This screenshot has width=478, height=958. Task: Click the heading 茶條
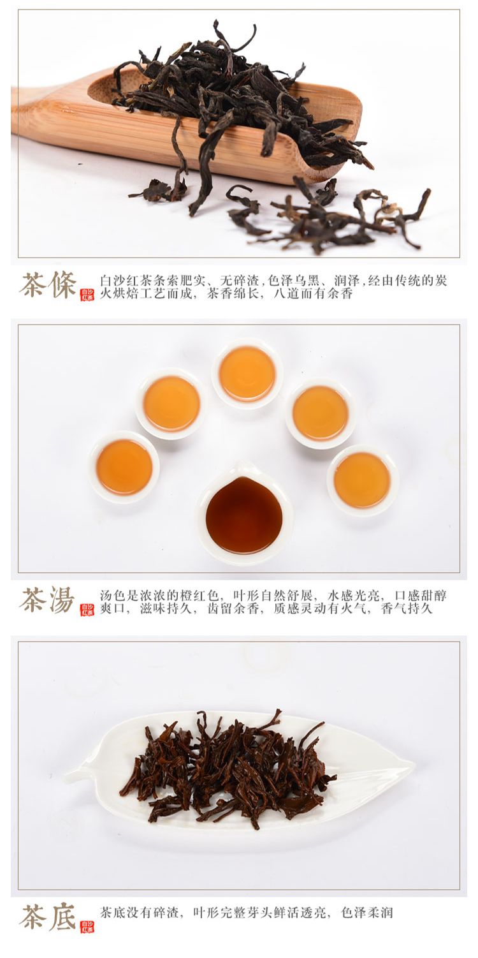(48, 285)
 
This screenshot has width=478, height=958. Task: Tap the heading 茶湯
(48, 600)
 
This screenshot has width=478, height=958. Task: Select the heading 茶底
(48, 917)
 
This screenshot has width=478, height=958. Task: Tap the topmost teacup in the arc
(247, 374)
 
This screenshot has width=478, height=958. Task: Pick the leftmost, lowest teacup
(124, 467)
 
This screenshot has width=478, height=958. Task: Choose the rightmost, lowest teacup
(362, 480)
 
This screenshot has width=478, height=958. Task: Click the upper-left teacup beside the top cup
(171, 403)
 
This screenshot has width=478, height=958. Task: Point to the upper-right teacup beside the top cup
(321, 413)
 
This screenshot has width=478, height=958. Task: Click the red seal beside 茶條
(87, 295)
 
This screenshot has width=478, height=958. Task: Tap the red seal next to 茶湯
(87, 610)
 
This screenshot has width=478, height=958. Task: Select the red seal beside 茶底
(87, 927)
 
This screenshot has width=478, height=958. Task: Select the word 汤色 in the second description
(113, 595)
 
